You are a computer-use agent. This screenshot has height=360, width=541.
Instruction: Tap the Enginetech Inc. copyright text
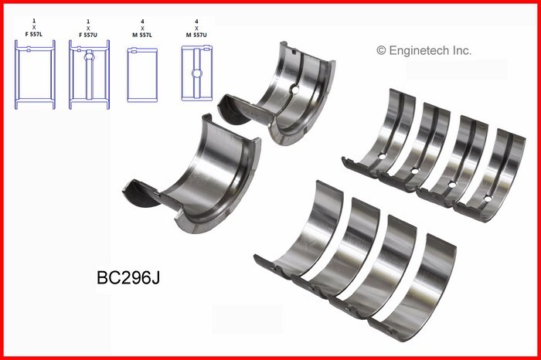tap(424, 50)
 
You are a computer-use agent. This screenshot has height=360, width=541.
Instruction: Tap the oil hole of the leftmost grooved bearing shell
tap(380, 159)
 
